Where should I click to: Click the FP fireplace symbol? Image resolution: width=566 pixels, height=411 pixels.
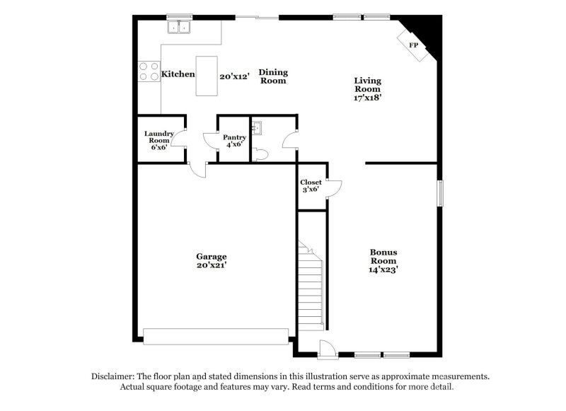pyautogui.click(x=415, y=44)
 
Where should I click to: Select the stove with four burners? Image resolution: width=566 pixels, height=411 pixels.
pyautogui.click(x=149, y=71)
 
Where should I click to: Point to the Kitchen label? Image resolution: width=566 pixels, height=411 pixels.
pyautogui.click(x=178, y=74)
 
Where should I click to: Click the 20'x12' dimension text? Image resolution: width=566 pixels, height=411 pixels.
pyautogui.click(x=234, y=76)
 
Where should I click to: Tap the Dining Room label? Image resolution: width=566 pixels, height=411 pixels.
pyautogui.click(x=272, y=76)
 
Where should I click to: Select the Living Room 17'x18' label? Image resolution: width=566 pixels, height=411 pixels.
pyautogui.click(x=368, y=89)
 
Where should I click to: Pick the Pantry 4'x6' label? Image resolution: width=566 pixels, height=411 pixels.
pyautogui.click(x=234, y=141)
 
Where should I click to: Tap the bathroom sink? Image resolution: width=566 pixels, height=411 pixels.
pyautogui.click(x=259, y=127)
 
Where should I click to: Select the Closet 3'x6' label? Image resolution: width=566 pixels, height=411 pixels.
pyautogui.click(x=311, y=186)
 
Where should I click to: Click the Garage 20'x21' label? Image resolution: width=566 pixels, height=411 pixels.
pyautogui.click(x=212, y=260)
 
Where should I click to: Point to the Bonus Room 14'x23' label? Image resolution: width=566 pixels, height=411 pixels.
pyautogui.click(x=383, y=260)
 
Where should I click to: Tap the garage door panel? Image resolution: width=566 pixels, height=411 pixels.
pyautogui.click(x=216, y=335)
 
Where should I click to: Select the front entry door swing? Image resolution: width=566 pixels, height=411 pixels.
pyautogui.click(x=327, y=348)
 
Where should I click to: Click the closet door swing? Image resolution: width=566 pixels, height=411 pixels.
pyautogui.click(x=334, y=187)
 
